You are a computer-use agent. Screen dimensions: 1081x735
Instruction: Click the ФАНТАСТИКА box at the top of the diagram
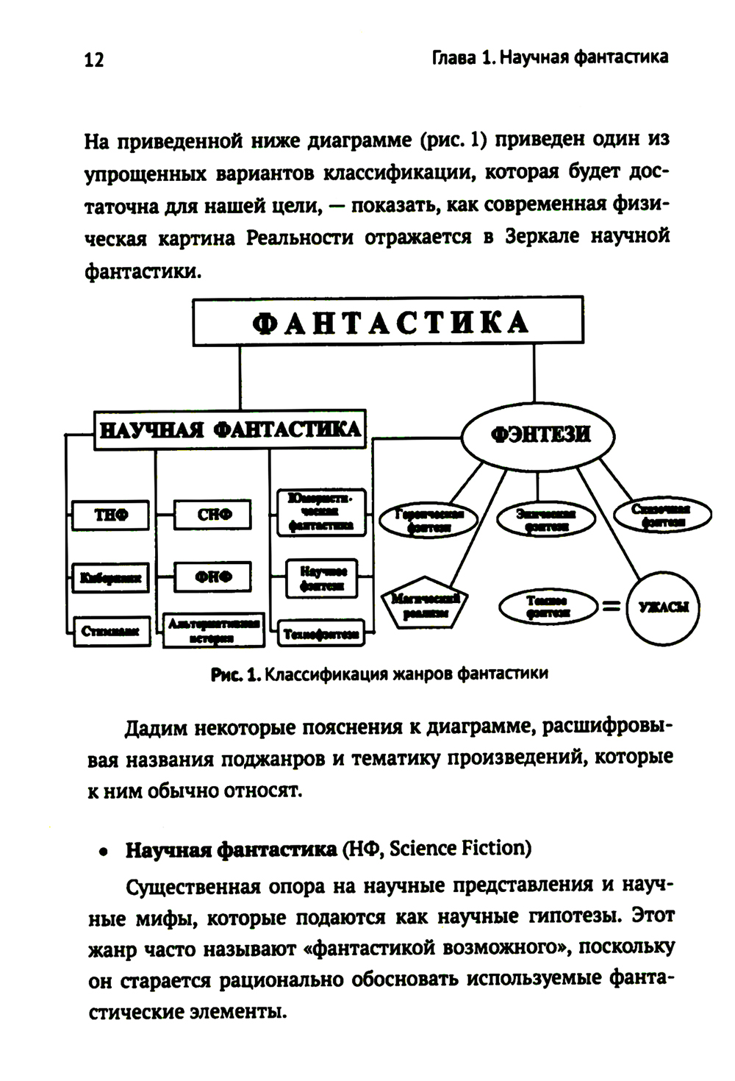click(x=387, y=321)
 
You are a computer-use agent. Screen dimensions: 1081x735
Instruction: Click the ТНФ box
click(x=111, y=515)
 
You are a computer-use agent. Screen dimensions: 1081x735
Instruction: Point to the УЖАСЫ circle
click(x=663, y=607)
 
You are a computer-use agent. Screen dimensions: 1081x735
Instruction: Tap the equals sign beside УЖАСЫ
click(x=611, y=606)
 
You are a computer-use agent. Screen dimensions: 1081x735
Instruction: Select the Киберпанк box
click(x=110, y=577)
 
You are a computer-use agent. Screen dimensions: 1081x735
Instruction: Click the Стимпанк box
click(x=110, y=630)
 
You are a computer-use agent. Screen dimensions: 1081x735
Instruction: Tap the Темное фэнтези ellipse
click(x=547, y=607)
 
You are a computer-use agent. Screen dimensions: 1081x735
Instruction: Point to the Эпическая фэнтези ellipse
click(x=546, y=520)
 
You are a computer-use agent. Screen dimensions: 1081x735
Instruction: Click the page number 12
click(x=94, y=60)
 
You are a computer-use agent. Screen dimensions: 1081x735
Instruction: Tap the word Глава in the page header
click(x=453, y=57)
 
